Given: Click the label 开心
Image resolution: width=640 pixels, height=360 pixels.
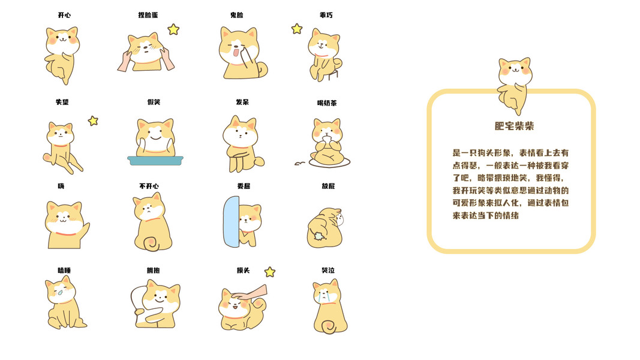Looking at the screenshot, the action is (x=64, y=15).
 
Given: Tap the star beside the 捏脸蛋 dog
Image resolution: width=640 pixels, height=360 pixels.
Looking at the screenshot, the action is (x=173, y=29).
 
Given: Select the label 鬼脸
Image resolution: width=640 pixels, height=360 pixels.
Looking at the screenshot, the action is (x=237, y=15).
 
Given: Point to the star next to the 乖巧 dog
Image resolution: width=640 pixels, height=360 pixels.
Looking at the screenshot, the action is (x=297, y=29).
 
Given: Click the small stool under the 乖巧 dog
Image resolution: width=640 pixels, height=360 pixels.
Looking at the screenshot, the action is (x=333, y=75).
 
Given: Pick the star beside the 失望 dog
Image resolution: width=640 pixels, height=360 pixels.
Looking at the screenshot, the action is (x=93, y=121).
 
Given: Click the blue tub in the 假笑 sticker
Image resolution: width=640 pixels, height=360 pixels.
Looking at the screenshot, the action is (x=155, y=160).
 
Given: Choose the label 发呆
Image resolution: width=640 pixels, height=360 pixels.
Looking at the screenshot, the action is (x=242, y=102).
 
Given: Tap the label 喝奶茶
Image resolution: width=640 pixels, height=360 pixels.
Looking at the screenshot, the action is (x=327, y=103).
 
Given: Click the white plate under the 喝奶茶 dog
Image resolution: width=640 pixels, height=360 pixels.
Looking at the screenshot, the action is (x=330, y=163).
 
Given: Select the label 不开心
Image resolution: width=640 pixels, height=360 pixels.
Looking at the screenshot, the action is (x=149, y=186).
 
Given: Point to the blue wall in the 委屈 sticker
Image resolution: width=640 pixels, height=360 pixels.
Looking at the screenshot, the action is (x=231, y=221).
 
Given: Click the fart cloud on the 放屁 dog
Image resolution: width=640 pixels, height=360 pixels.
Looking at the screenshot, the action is (x=317, y=236).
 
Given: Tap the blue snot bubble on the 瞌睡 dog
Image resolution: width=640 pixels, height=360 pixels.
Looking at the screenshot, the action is (x=59, y=292).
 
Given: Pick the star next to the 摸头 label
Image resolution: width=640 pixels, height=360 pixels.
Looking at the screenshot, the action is (x=270, y=272).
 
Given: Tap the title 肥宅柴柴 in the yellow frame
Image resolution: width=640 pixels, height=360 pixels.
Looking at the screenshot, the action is (x=514, y=126).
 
